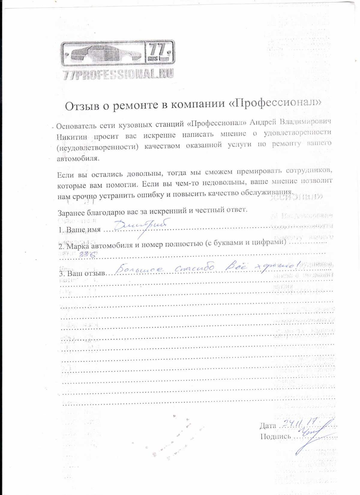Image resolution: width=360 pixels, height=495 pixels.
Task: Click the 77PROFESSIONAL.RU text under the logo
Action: pos(118,74)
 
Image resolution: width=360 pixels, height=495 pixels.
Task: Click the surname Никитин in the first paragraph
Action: pos(72,137)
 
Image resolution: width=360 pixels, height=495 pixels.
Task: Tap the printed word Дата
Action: pos(268,425)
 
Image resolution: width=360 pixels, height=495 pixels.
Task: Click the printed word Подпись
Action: pos(275,436)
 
